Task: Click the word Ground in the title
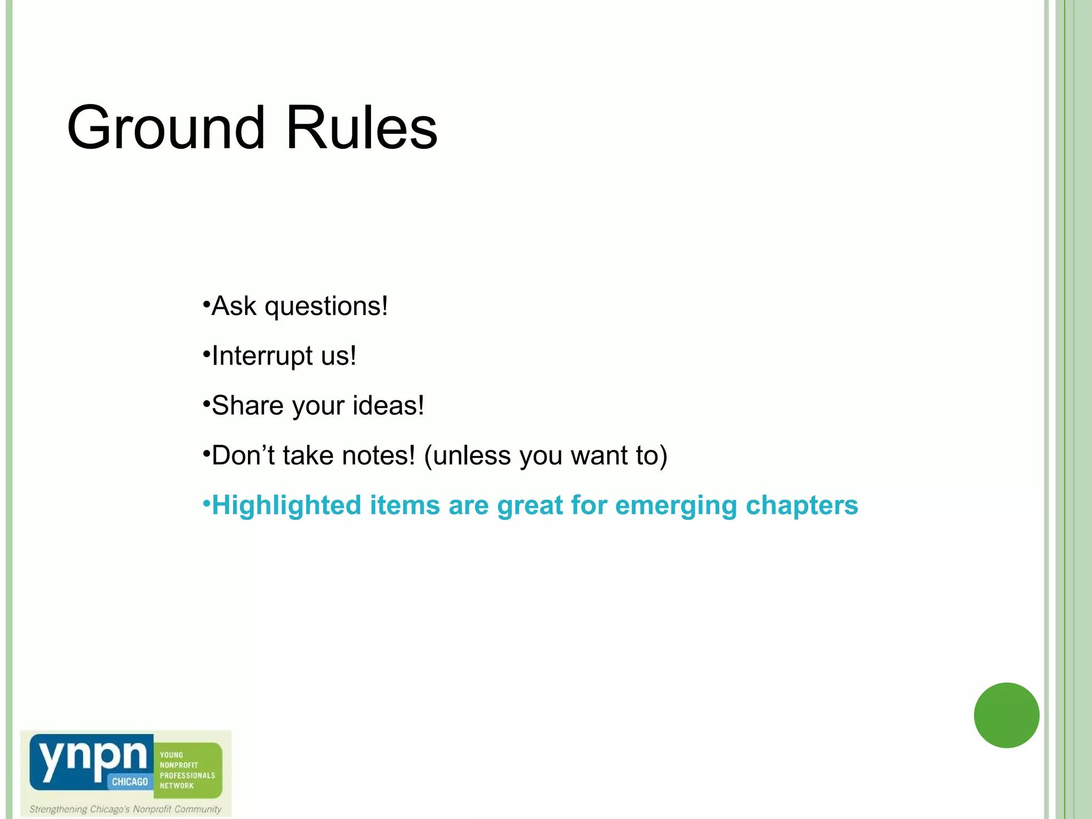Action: tap(166, 128)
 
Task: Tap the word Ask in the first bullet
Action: tap(234, 306)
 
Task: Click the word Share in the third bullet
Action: tap(247, 406)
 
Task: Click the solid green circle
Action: tap(1006, 715)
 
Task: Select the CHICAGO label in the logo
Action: tap(130, 782)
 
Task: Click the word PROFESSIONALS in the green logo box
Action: tap(187, 775)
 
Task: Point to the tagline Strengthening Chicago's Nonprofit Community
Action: tap(125, 809)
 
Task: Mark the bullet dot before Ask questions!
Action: tap(206, 306)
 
